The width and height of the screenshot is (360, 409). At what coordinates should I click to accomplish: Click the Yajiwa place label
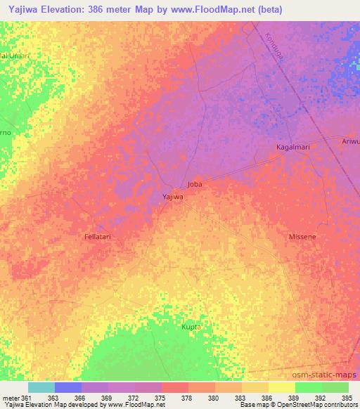click(172, 197)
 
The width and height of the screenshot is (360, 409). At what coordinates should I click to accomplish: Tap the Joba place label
click(195, 184)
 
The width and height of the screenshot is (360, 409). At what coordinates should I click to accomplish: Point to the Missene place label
click(302, 237)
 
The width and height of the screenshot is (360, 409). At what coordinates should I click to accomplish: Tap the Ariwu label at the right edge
click(350, 141)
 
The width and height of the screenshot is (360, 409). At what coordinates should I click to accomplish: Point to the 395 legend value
click(344, 398)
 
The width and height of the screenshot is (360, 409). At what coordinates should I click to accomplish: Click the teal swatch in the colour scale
click(41, 387)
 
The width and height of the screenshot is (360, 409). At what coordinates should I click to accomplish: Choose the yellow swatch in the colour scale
click(281, 387)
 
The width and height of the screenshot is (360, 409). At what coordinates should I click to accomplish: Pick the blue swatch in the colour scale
click(68, 387)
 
